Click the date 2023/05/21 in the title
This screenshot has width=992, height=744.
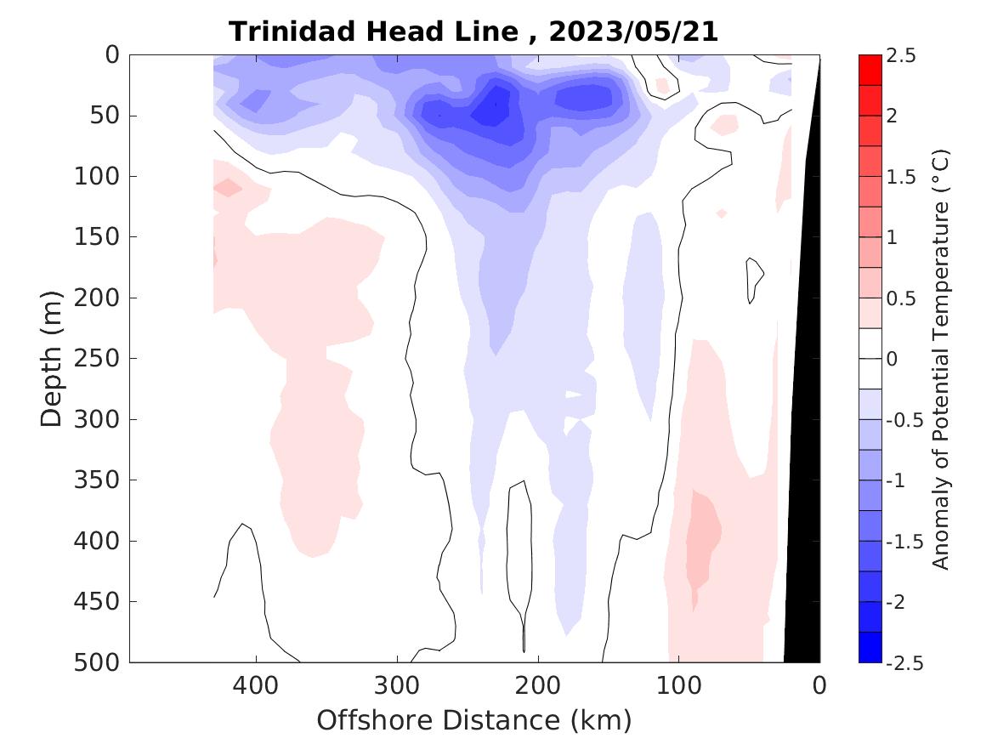coord(633,32)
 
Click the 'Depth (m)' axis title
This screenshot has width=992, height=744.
coord(52,359)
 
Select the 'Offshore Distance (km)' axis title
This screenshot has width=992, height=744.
coord(474,721)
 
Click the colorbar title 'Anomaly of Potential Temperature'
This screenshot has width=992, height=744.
coord(940,359)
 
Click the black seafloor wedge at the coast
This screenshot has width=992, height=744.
coord(803,510)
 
